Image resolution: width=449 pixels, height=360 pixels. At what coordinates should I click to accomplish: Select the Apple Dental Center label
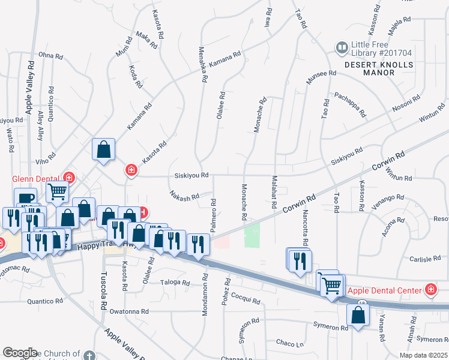385,291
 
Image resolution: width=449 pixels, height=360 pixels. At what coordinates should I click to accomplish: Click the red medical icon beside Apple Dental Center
430,291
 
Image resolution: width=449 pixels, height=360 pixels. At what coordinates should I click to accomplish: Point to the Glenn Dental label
37,178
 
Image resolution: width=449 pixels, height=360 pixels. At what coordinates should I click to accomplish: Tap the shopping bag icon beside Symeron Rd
358,315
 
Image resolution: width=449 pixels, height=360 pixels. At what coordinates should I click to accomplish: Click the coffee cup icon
25,199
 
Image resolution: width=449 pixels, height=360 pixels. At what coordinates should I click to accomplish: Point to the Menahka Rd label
203,64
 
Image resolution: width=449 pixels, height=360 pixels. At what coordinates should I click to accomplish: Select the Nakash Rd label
184,196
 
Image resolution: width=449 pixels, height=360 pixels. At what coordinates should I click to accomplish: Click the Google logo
20,352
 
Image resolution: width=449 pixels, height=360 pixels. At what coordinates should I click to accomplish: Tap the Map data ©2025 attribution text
423,355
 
